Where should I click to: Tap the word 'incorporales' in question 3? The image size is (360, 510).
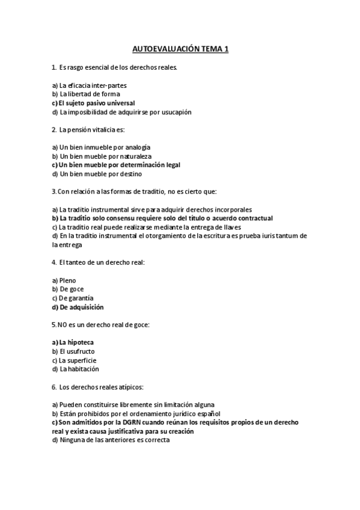232,209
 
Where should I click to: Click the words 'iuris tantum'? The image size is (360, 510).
279,236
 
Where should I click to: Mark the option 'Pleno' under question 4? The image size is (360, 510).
68,280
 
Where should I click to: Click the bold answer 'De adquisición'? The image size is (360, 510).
81,307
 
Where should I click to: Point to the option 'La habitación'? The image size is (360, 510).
79,369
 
